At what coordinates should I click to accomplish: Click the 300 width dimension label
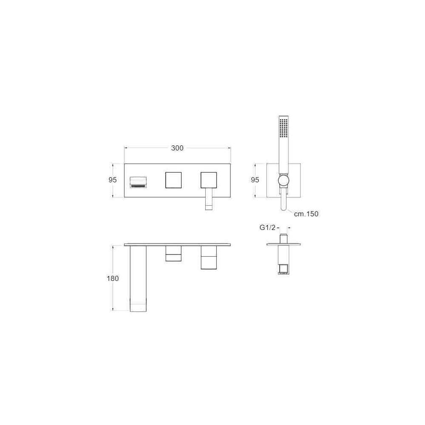click(x=177, y=148)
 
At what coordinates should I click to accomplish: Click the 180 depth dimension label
click(x=113, y=278)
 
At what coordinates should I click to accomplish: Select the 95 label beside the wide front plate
click(x=113, y=180)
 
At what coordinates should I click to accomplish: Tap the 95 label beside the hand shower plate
click(x=255, y=180)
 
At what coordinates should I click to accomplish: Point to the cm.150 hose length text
click(x=306, y=214)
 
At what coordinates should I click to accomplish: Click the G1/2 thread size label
click(x=267, y=227)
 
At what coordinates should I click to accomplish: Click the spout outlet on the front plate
click(x=138, y=182)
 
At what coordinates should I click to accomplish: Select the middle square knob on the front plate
click(x=173, y=180)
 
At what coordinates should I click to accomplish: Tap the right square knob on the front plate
click(x=209, y=180)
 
